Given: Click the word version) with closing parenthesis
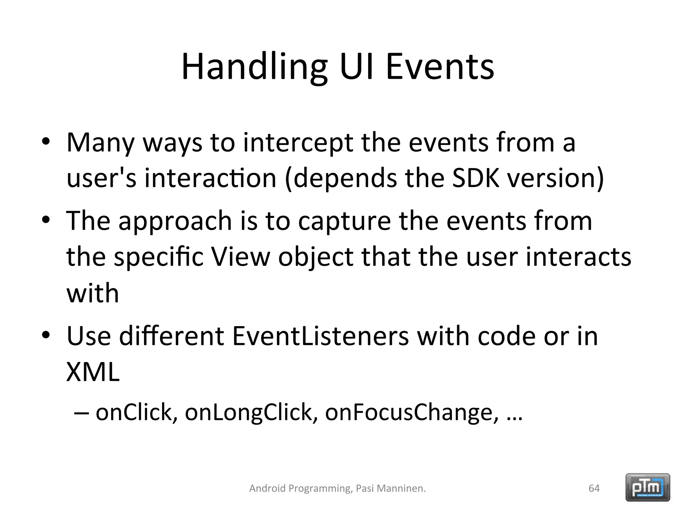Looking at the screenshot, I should pyautogui.click(x=555, y=178).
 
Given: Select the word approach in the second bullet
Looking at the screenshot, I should pyautogui.click(x=175, y=221).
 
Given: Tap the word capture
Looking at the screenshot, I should pyautogui.click(x=344, y=221).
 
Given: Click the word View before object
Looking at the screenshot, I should pyautogui.click(x=241, y=257).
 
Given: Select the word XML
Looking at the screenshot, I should pyautogui.click(x=93, y=372).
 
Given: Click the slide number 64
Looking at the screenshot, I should pyautogui.click(x=594, y=488).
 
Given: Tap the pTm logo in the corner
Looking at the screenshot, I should pyautogui.click(x=648, y=487).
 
